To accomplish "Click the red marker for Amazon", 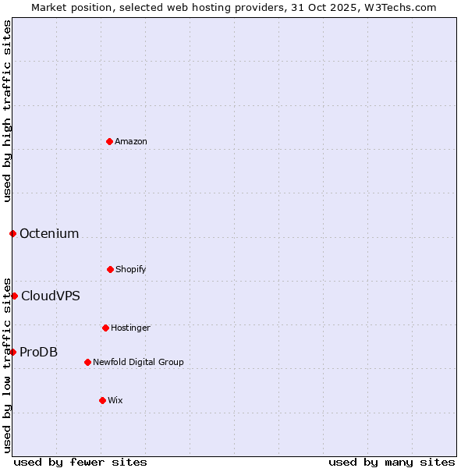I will click(x=109, y=141).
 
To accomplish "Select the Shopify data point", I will click(x=110, y=269).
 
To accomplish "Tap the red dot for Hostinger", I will click(x=105, y=328).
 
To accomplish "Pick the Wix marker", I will click(x=102, y=400).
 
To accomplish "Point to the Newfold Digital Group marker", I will click(x=87, y=362).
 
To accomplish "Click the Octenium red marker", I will click(x=12, y=233).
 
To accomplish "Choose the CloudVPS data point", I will click(x=14, y=296).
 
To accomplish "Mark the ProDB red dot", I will click(x=12, y=352).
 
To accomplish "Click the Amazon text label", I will click(x=131, y=141).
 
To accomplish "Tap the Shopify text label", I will click(x=131, y=269).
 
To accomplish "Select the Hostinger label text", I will click(x=130, y=328).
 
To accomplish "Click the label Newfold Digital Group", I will click(x=138, y=362).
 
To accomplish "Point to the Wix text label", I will click(x=115, y=400).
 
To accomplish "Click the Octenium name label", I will click(x=49, y=233).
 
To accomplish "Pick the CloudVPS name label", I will click(x=51, y=296).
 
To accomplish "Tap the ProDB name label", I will click(x=39, y=352).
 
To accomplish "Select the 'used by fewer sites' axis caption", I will click(x=80, y=462).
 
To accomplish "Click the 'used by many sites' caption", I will click(x=392, y=462).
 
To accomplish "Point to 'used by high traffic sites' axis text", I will click(x=7, y=111).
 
